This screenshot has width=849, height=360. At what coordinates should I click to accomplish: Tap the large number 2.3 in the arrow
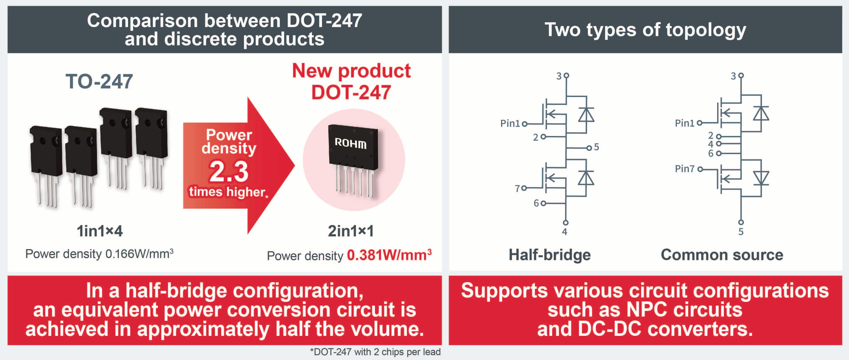228,171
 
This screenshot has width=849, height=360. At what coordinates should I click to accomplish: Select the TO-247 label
99,81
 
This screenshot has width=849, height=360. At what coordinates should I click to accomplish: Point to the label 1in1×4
100,231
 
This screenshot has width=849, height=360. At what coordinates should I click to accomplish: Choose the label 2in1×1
351,231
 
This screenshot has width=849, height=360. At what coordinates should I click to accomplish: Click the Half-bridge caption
549,255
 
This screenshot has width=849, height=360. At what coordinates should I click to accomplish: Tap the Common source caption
722,255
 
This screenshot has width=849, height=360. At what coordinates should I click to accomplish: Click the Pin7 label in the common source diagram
685,169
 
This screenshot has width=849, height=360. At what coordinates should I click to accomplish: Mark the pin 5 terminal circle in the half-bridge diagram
589,148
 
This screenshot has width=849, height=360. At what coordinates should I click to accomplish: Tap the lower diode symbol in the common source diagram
761,178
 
